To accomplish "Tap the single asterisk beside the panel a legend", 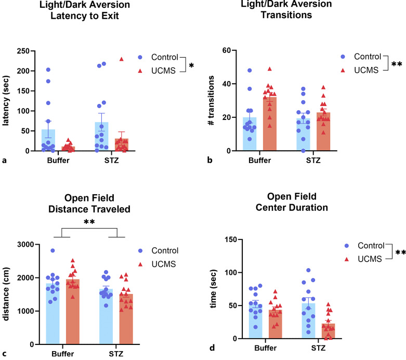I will [x=191, y=65].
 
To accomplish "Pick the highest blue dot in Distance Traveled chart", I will [x=52, y=250].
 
